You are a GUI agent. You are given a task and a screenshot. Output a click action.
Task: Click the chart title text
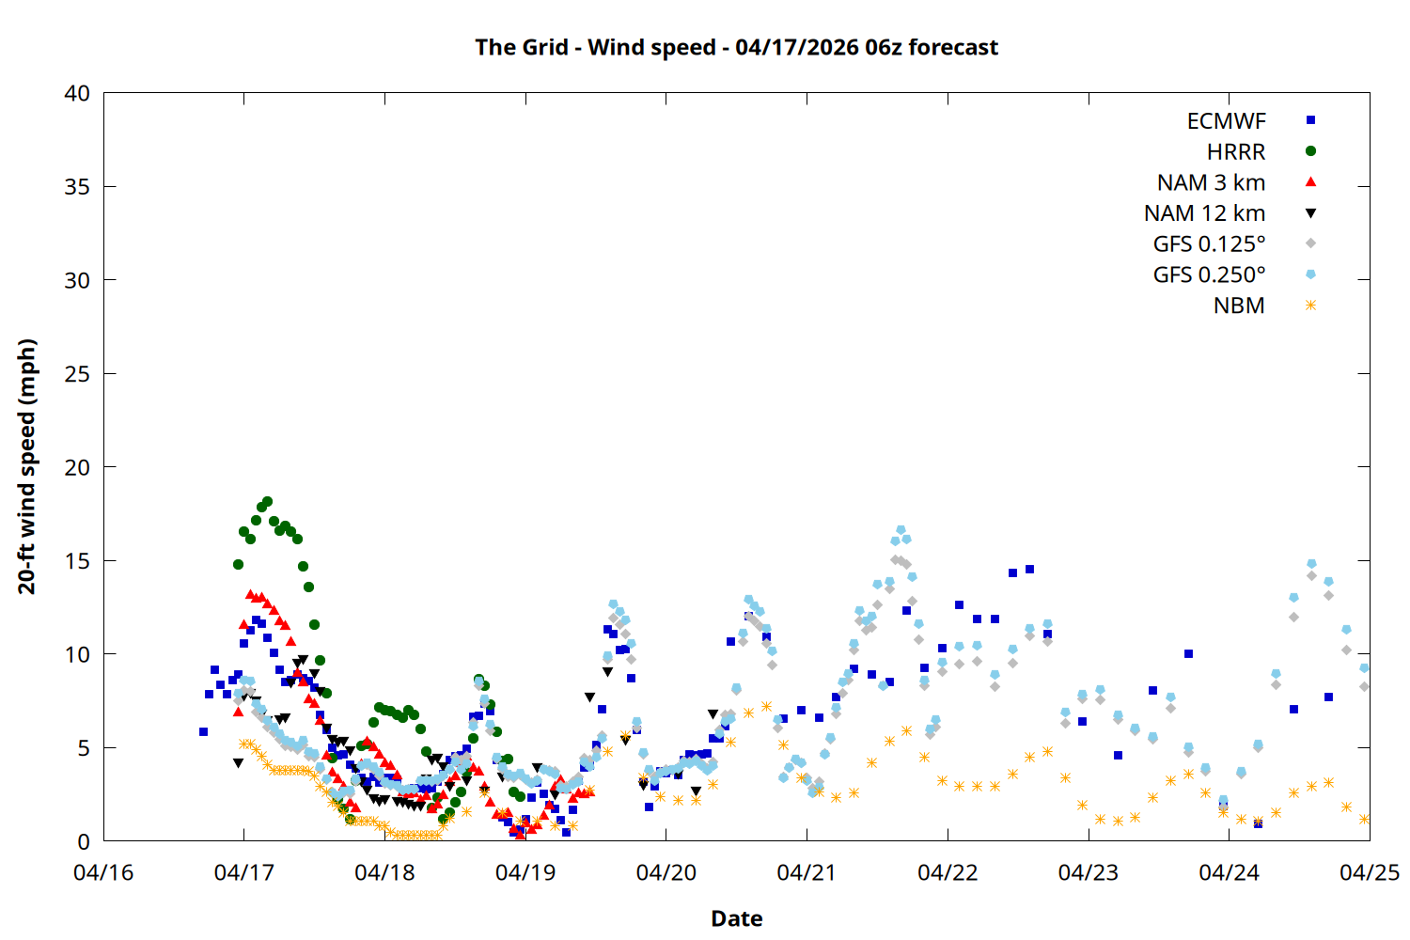(736, 47)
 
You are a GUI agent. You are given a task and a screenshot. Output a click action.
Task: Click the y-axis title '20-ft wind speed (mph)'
(27, 466)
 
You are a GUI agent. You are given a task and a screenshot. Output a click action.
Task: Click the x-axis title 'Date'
(736, 918)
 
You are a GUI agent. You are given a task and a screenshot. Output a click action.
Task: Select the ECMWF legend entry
(1226, 121)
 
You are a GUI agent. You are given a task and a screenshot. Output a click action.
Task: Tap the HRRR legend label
(1236, 152)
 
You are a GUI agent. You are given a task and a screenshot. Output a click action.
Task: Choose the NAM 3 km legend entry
(1211, 182)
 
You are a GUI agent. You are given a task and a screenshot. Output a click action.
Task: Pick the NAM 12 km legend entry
(1204, 213)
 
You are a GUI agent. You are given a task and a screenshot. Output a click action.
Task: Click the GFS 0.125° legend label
(1209, 244)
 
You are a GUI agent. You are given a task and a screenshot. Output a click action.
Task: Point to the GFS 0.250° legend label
(1209, 275)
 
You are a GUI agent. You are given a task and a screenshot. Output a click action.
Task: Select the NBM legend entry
(1239, 305)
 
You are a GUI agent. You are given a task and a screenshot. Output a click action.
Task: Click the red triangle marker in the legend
(1310, 182)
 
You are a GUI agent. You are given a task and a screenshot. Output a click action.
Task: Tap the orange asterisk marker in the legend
(1310, 305)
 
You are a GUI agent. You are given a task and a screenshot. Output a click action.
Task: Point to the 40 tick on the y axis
(77, 93)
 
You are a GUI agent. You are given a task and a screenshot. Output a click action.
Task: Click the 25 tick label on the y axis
(77, 373)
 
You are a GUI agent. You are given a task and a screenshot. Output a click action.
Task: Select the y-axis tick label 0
(84, 841)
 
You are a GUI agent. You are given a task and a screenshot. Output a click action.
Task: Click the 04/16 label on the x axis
(103, 872)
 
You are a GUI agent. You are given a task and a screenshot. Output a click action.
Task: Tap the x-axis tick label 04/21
(807, 872)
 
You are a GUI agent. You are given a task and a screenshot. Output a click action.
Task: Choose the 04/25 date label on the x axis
(1369, 872)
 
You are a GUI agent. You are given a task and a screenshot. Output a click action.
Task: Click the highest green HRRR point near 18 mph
(267, 502)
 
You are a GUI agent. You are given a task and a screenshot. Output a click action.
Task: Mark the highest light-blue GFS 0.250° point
(901, 530)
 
